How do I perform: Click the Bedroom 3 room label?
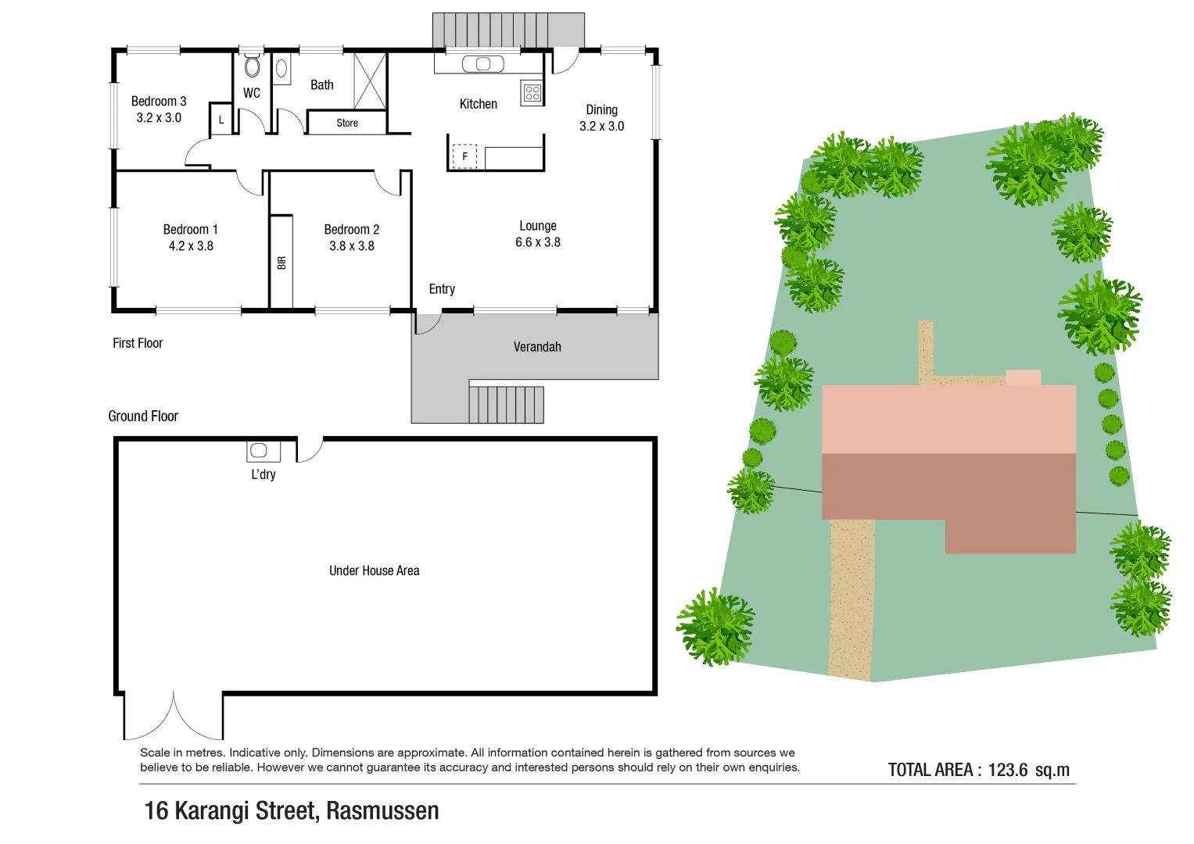(159, 102)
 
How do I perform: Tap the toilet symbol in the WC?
(252, 66)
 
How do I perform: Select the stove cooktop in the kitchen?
(532, 93)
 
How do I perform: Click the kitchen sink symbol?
(483, 64)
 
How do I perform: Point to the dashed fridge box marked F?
(464, 156)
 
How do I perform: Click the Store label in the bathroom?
(347, 123)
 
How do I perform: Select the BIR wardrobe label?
(281, 263)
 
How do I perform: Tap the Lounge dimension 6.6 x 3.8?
(538, 242)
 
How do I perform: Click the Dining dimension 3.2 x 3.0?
(601, 126)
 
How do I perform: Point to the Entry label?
(442, 289)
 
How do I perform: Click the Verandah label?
(537, 347)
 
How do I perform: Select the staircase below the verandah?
(506, 404)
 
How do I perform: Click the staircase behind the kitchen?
(508, 30)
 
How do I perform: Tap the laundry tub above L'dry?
(259, 451)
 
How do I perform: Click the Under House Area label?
(374, 570)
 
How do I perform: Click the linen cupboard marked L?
(221, 120)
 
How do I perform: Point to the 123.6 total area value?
(1007, 770)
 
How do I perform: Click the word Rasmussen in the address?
(382, 811)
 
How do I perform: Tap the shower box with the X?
(370, 81)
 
